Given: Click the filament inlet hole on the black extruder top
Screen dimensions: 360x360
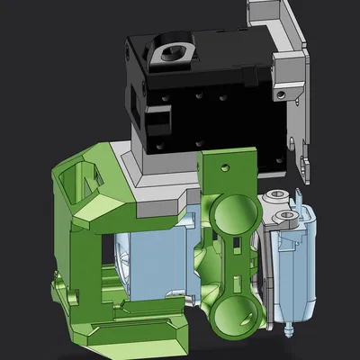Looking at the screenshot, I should pyautogui.click(x=170, y=53).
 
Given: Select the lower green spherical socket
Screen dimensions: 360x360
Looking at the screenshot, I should pyautogui.click(x=237, y=312).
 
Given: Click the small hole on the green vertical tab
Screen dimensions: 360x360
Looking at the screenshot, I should pyautogui.click(x=220, y=166).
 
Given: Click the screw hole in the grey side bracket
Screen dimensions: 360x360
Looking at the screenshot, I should pyautogui.click(x=286, y=93).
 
